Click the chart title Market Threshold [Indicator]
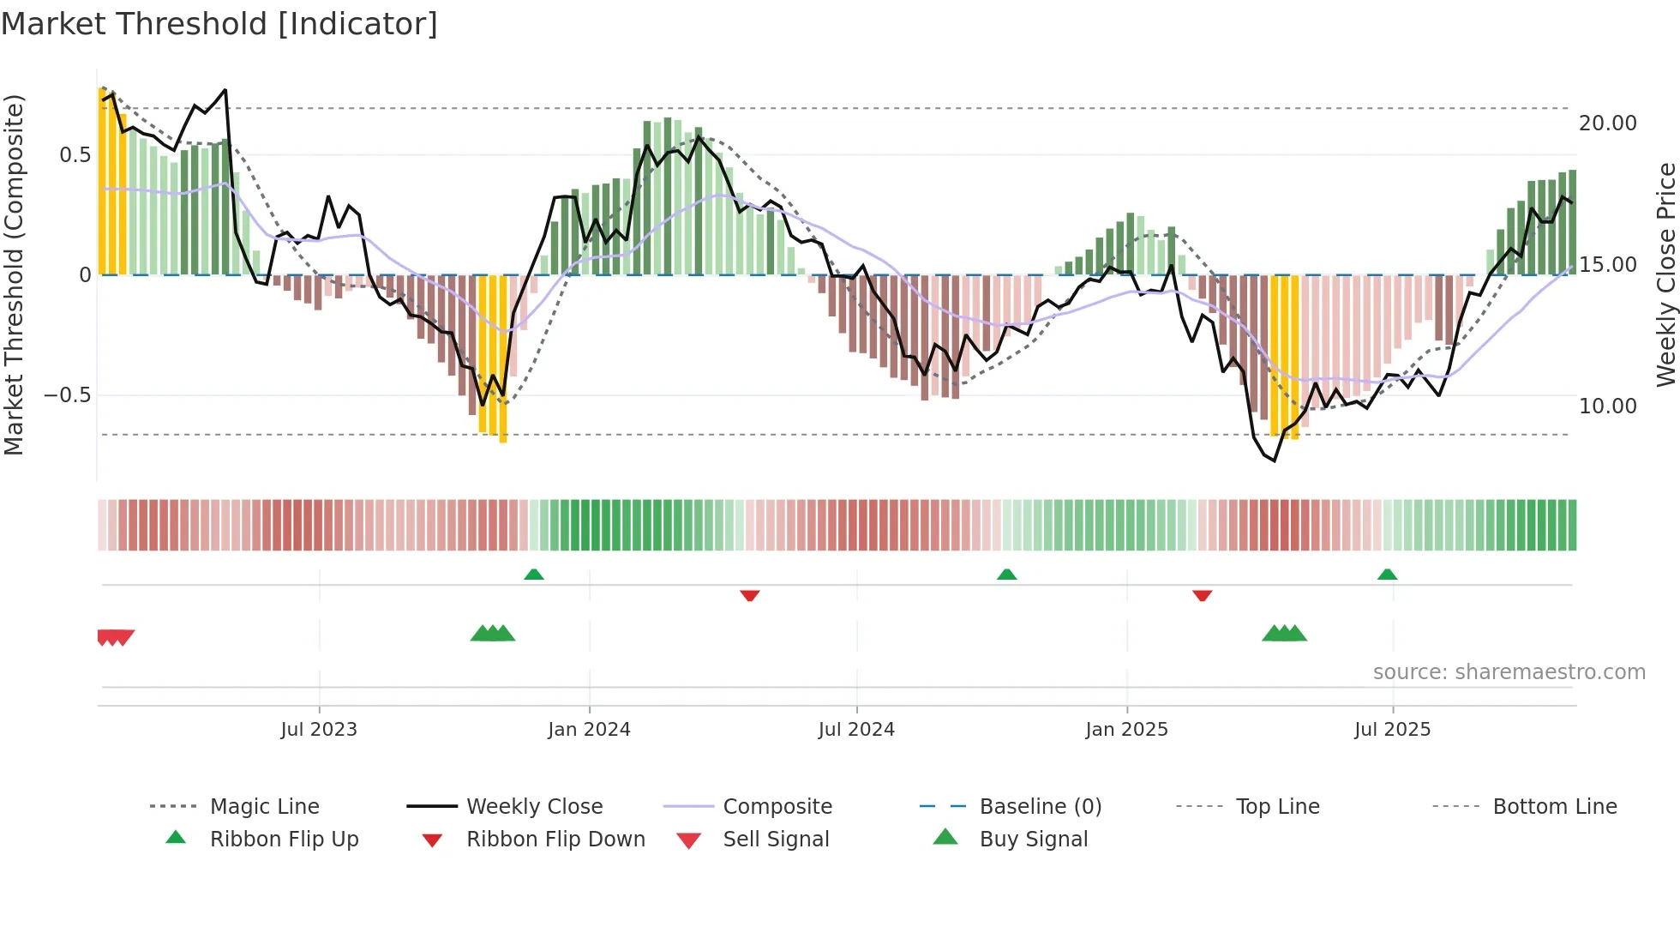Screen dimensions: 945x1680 tap(219, 24)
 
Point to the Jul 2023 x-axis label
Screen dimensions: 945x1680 tap(319, 730)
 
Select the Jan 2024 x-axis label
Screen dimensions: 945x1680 tap(589, 730)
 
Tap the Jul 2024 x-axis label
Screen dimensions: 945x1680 tap(856, 730)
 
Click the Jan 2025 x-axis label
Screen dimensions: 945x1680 tap(1126, 730)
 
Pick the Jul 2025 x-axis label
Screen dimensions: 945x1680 tap(1393, 730)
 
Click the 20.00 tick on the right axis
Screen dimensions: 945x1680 tap(1608, 123)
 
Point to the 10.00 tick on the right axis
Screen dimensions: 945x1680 tap(1608, 406)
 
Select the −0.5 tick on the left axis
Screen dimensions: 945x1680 tap(67, 395)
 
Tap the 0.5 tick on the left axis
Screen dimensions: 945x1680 tap(75, 155)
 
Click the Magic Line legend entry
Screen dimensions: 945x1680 tap(264, 807)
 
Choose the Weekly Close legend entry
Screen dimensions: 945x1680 tap(534, 807)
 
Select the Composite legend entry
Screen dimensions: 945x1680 tap(777, 807)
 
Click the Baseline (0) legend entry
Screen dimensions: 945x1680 tap(1040, 807)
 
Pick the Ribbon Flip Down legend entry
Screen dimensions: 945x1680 tap(555, 840)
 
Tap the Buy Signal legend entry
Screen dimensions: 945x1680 tap(1033, 840)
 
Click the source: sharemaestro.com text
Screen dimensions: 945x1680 tap(1509, 672)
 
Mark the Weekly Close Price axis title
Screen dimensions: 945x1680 tap(1665, 274)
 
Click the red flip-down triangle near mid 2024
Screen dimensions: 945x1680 tap(750, 595)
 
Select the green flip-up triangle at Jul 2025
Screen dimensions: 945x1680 tap(1388, 575)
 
